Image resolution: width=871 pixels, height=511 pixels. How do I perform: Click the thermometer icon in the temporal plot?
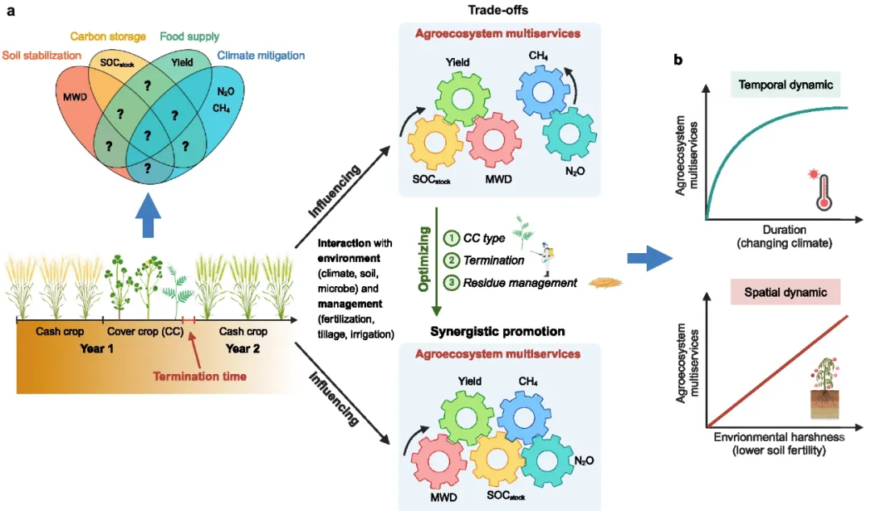822,190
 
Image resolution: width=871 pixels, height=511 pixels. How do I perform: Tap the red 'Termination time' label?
199,376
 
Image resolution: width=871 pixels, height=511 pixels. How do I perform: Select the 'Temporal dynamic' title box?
785,85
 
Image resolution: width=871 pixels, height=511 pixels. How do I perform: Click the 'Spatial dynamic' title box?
785,292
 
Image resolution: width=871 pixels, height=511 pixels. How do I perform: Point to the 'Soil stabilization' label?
42,56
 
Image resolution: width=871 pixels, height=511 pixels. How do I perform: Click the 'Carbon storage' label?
108,36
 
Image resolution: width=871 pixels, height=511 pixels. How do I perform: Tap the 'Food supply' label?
190,36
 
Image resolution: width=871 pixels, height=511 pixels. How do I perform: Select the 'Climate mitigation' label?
260,56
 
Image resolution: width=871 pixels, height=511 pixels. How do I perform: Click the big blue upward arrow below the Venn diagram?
148,216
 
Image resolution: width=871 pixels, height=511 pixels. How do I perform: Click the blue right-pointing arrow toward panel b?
649,258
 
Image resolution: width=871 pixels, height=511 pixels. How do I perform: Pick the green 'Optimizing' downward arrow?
436,261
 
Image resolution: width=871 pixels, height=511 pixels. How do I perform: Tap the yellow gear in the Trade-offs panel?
435,142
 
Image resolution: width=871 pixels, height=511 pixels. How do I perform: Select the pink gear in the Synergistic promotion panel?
438,461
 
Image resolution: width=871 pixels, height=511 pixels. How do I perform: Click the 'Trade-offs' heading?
498,10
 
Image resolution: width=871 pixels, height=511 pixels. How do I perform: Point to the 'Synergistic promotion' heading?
498,331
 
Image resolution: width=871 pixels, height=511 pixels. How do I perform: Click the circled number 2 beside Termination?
451,260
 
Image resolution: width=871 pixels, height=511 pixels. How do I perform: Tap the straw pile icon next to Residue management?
606,283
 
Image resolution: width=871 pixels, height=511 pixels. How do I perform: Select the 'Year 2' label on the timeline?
242,349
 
